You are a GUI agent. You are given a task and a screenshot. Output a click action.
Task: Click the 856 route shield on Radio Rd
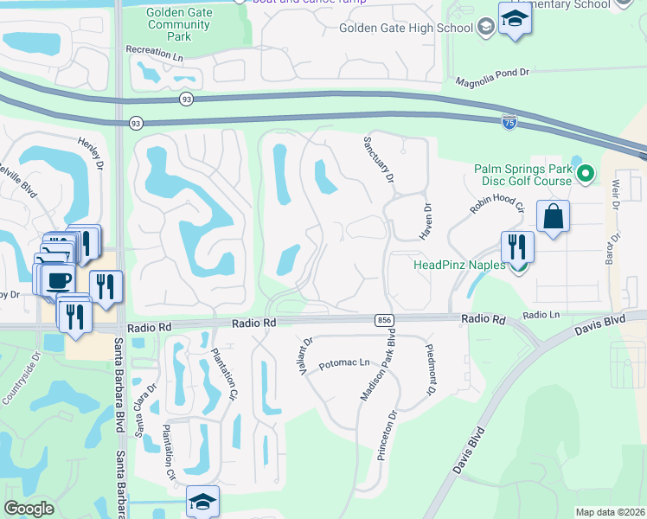click(383, 321)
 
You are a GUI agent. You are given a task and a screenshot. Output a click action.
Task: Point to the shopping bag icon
click(553, 216)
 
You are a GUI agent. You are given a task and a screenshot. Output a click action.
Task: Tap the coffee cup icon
click(59, 279)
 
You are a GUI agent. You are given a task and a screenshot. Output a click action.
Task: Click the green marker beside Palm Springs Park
click(586, 175)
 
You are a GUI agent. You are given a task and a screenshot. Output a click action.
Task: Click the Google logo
click(29, 508)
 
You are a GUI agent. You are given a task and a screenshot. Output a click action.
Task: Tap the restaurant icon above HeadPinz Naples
click(517, 246)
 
